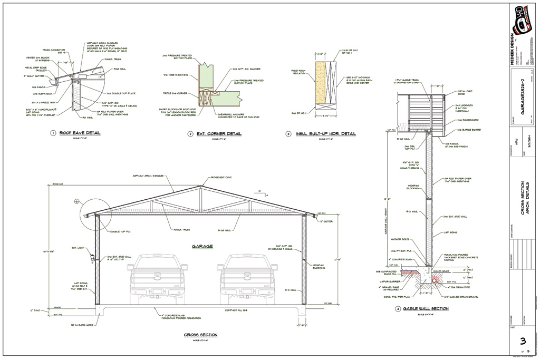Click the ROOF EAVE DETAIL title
point(80,133)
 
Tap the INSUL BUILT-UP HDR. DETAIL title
point(326,134)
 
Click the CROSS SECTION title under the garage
point(200,335)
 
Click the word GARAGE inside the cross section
point(201,246)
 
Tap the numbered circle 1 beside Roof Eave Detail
point(53,133)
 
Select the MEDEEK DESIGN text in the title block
point(511,50)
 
